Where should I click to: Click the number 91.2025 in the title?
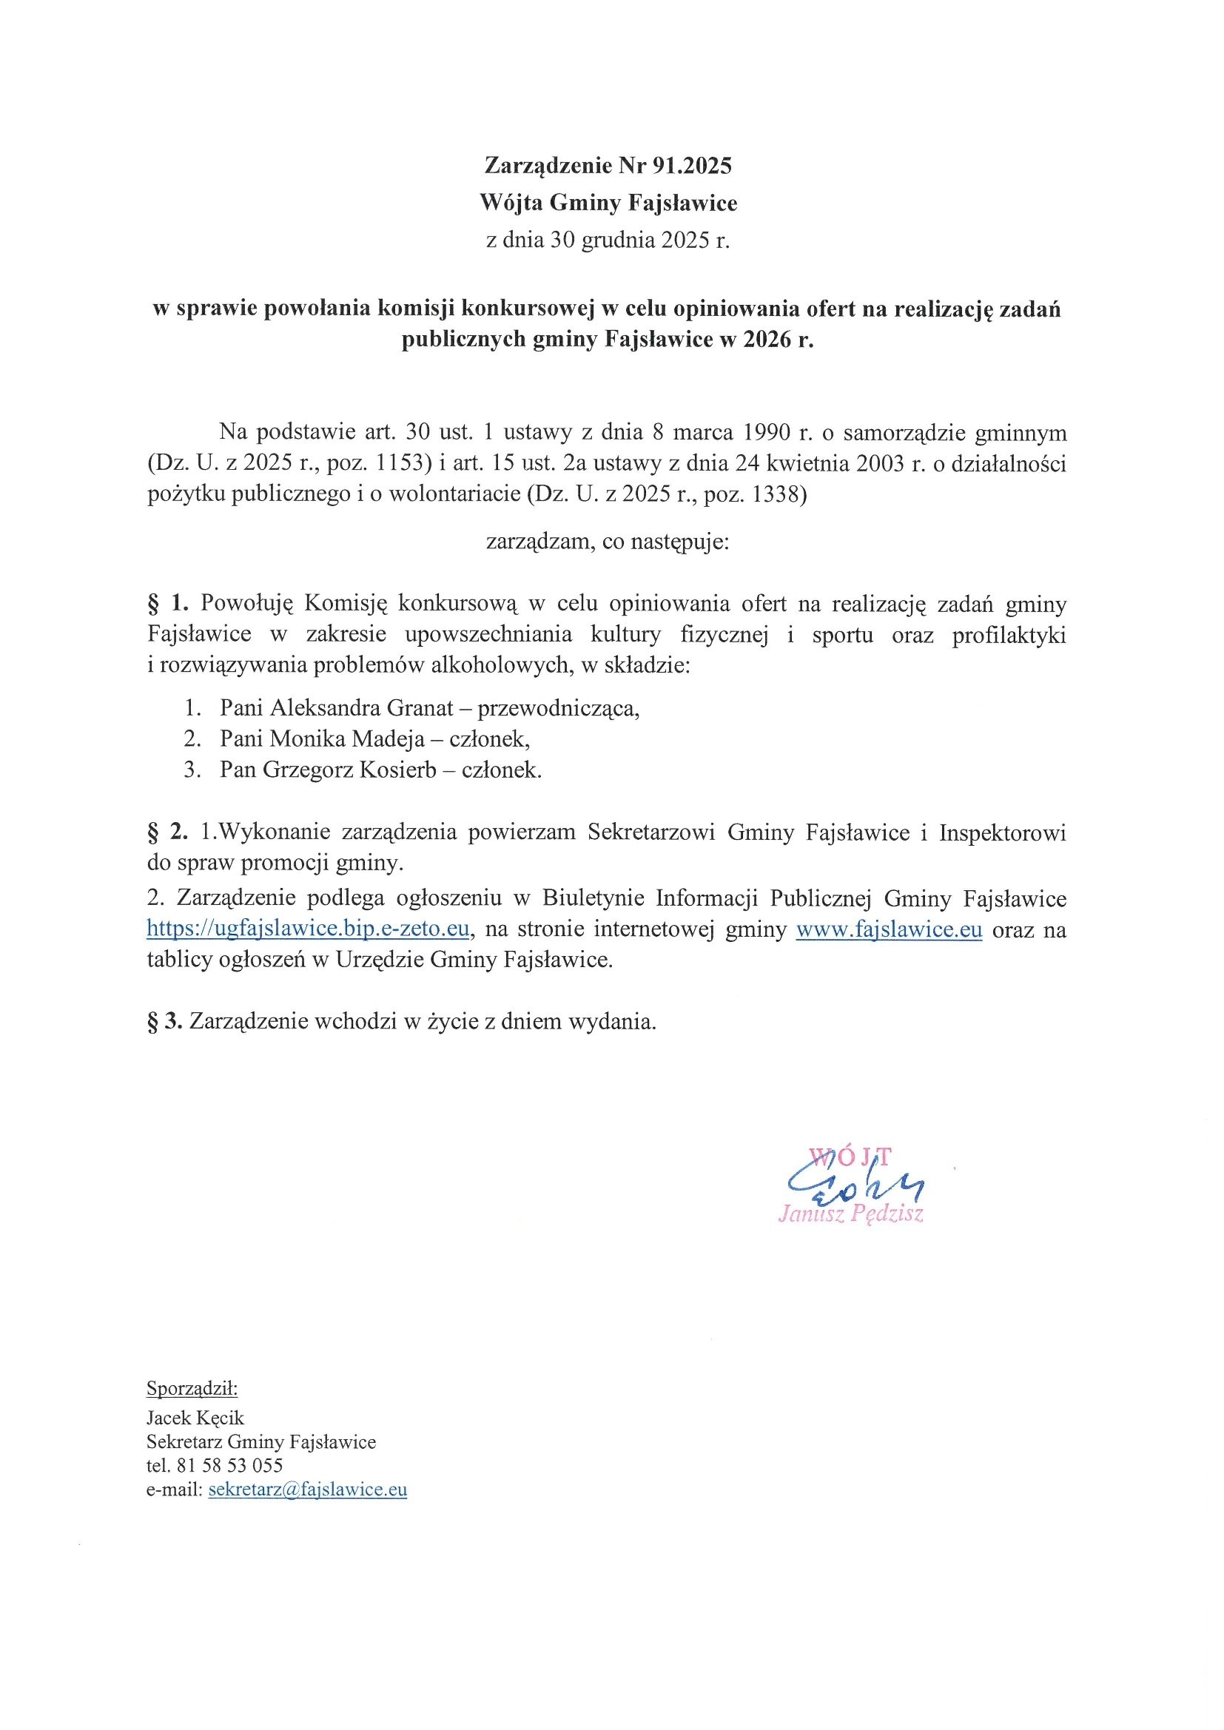pyautogui.click(x=691, y=166)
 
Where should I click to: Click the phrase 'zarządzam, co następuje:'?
pyautogui.click(x=608, y=542)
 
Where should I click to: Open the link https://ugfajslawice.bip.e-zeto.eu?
pyautogui.click(x=309, y=929)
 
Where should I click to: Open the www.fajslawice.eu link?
pyautogui.click(x=889, y=929)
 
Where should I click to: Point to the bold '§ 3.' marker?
pyautogui.click(x=164, y=1022)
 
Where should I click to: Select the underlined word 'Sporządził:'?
pyautogui.click(x=192, y=1388)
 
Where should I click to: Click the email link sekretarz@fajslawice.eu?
pyautogui.click(x=308, y=1490)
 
